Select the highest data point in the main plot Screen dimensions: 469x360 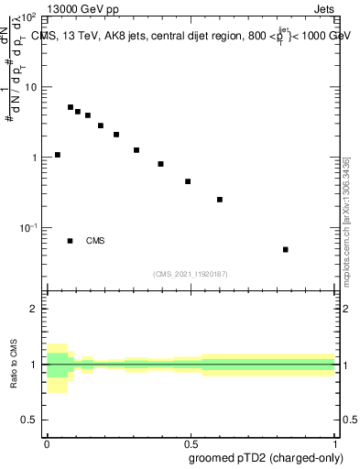tap(71, 107)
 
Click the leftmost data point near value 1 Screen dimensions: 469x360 tap(58, 155)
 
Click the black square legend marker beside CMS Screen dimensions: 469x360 tap(71, 241)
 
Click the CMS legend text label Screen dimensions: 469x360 tap(95, 241)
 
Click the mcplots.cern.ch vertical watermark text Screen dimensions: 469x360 tap(345, 220)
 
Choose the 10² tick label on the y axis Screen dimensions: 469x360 tap(28, 17)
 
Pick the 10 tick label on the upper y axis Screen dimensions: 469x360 tap(31, 87)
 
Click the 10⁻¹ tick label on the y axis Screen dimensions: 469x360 tap(28, 228)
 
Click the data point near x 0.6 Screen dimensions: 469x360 tap(220, 199)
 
